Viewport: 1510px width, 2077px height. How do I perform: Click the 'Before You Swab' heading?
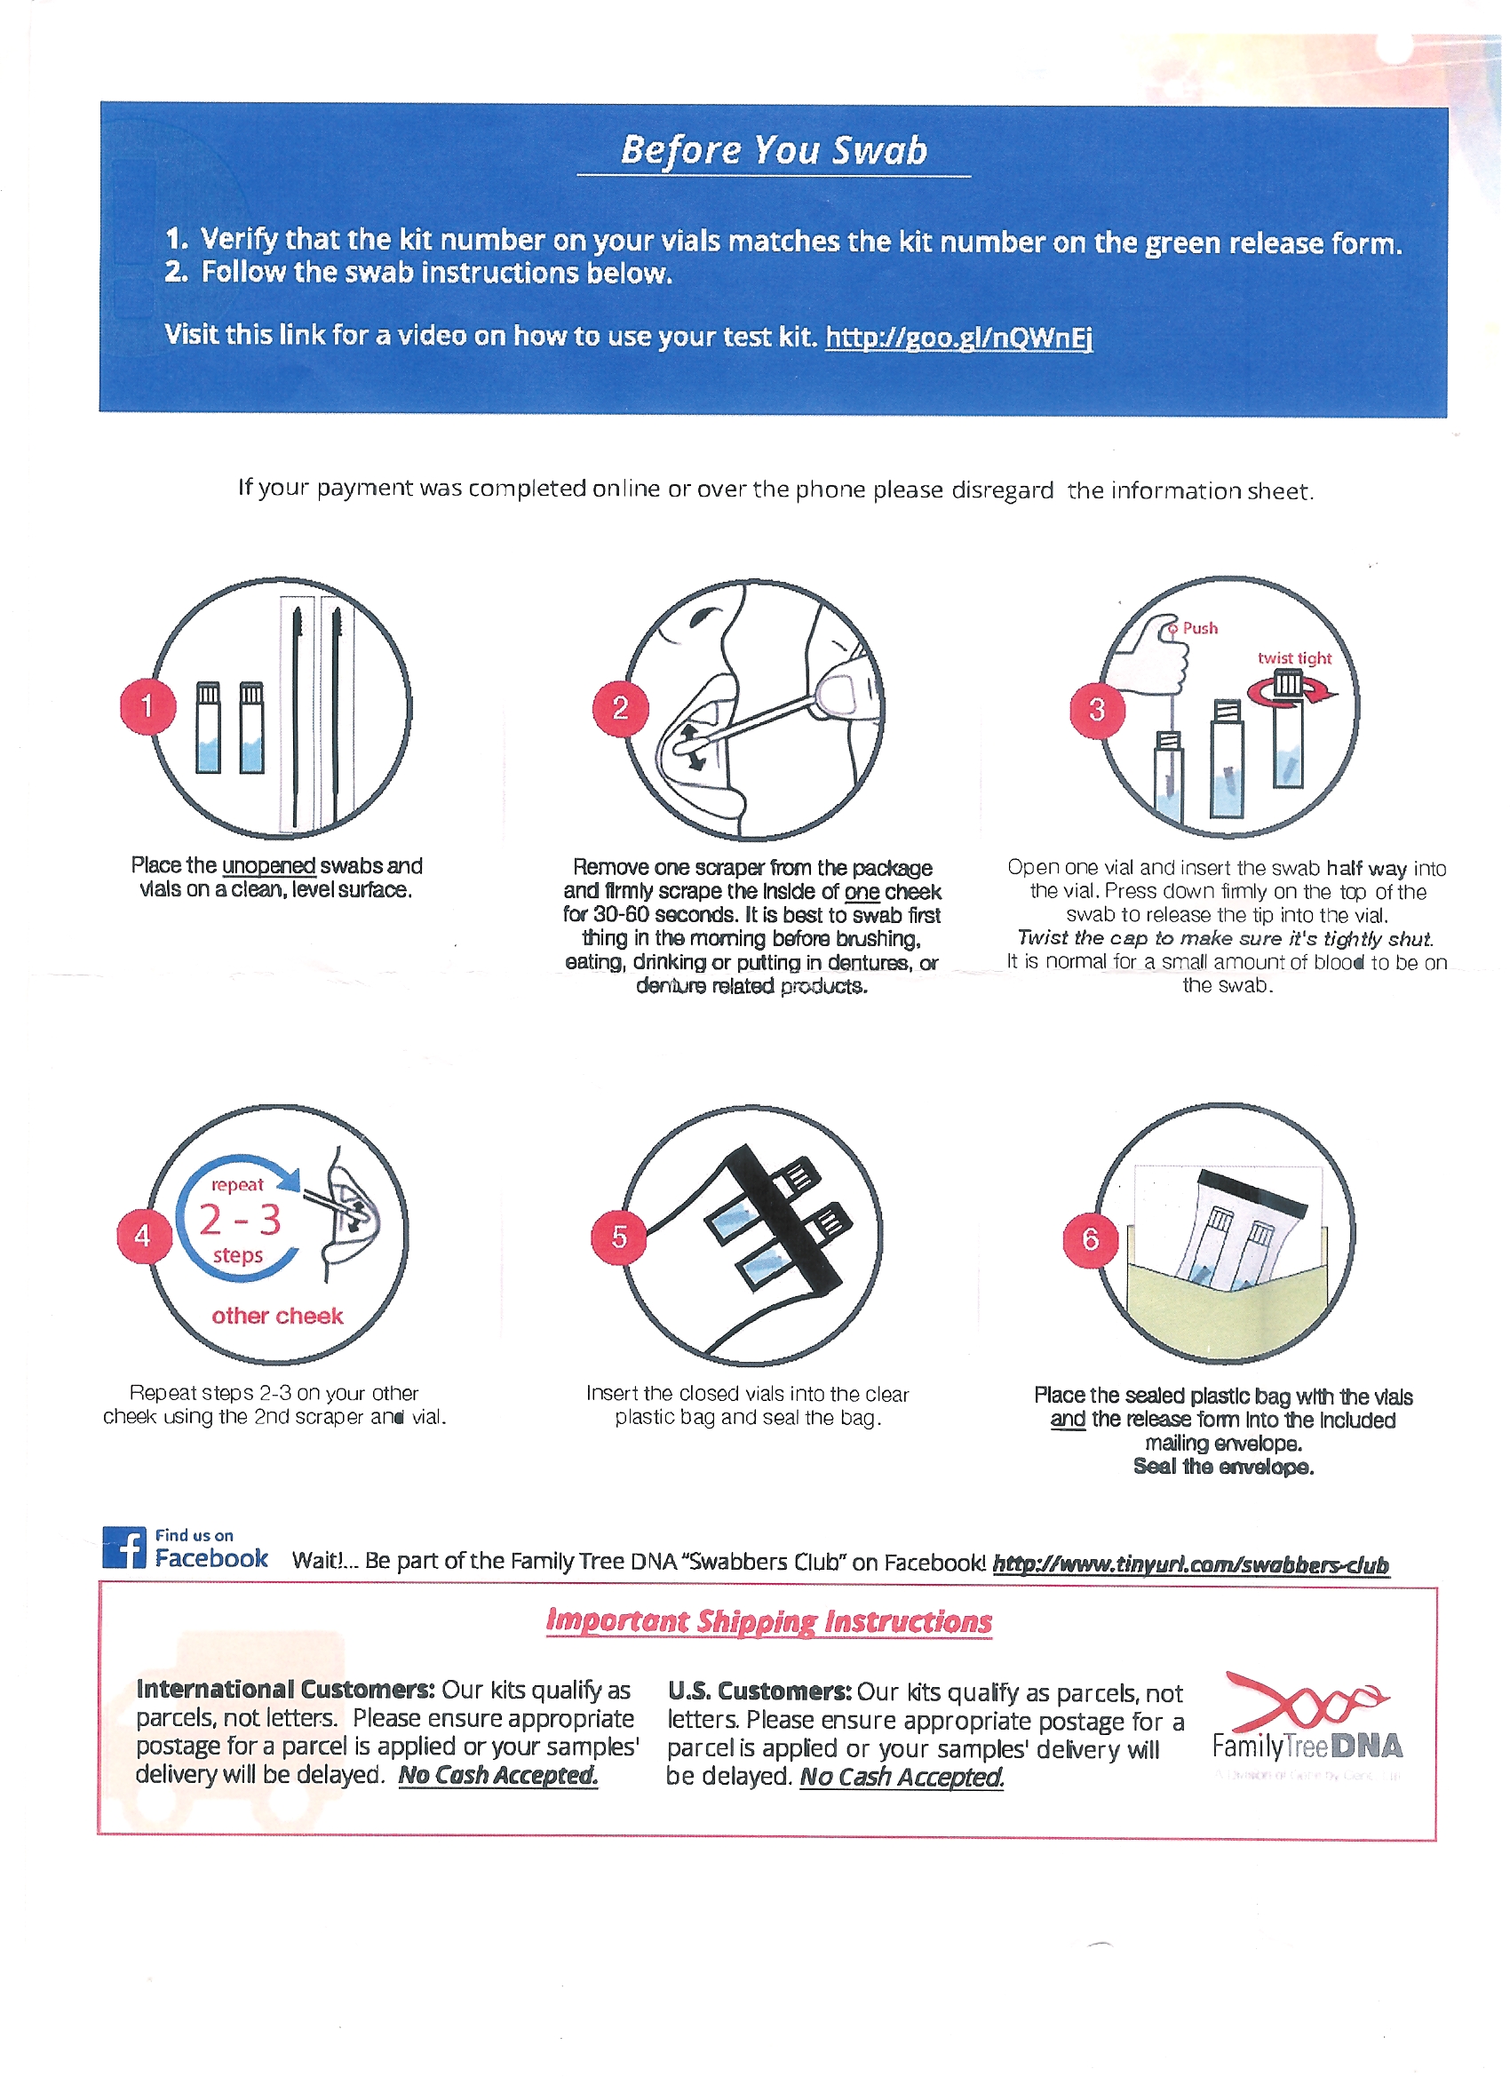tap(774, 150)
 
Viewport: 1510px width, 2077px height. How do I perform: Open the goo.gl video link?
tap(958, 338)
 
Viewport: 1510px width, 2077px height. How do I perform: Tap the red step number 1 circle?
tap(147, 705)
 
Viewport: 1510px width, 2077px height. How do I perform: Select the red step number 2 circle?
tap(620, 707)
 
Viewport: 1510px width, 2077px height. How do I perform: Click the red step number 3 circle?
tap(1097, 709)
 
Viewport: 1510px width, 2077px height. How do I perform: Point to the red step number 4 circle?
tap(144, 1236)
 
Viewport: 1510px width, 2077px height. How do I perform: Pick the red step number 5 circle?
tap(619, 1237)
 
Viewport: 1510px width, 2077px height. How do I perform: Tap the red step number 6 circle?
tap(1090, 1239)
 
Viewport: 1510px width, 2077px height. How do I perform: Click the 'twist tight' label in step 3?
tap(1294, 657)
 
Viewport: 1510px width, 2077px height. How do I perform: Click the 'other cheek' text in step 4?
tap(276, 1316)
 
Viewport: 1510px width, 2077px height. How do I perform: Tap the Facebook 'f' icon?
tap(123, 1548)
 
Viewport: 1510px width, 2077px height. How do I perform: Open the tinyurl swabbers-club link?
tap(1190, 1564)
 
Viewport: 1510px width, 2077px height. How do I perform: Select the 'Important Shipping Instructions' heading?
tap(768, 1622)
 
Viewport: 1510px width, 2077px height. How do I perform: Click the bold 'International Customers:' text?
tap(286, 1689)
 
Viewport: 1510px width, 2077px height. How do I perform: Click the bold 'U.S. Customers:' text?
tap(759, 1691)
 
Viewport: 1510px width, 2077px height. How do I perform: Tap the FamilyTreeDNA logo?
tap(1307, 1722)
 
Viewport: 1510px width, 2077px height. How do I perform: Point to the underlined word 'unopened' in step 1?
tap(268, 865)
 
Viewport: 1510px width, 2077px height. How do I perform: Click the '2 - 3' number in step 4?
tap(240, 1220)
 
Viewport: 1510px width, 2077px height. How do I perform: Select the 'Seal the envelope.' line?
tap(1223, 1466)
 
